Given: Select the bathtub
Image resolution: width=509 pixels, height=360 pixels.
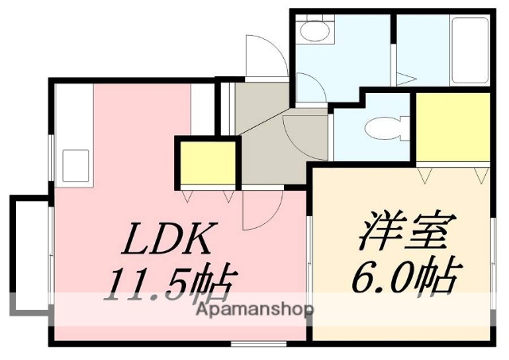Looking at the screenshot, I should coord(469,49).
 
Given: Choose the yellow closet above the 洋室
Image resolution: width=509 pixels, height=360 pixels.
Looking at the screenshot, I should coord(453,127).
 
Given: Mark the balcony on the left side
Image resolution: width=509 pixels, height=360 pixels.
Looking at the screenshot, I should coord(29,254).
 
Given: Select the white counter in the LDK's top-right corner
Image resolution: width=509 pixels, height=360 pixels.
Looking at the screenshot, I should coord(203,103).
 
